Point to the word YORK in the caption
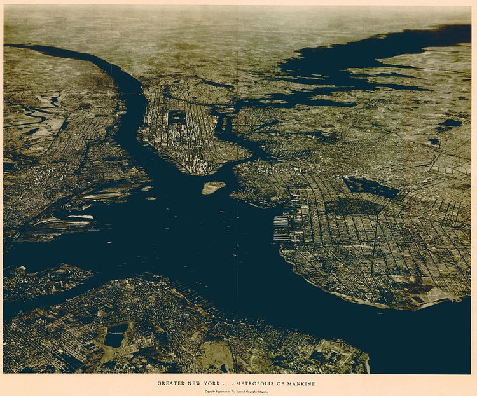coord(215,383)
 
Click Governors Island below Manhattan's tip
coord(213,187)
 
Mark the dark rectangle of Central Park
coord(177,117)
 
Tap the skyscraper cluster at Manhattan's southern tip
coord(199,167)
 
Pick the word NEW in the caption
coord(198,383)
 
